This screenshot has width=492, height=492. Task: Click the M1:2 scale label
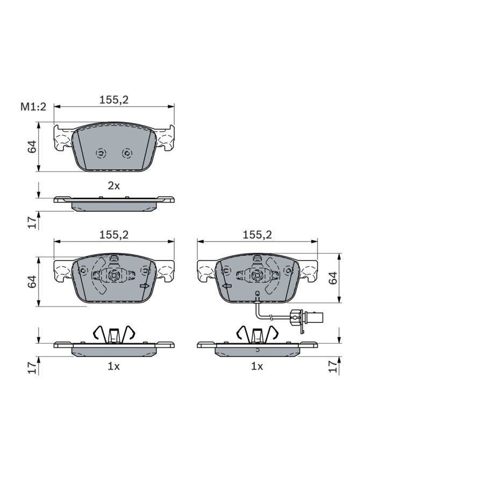coord(33,106)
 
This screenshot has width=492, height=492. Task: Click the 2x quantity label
coord(114,186)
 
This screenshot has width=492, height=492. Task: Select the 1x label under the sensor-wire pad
coord(257,366)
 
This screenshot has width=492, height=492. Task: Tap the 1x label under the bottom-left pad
coord(114,366)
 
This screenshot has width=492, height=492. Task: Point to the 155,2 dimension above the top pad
coord(114,100)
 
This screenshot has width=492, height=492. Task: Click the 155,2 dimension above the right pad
coord(257,234)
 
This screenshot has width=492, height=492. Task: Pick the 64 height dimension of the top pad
coord(32,147)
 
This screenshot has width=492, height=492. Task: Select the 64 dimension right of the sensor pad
coord(333,278)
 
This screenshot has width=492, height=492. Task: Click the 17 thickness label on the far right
coord(333,366)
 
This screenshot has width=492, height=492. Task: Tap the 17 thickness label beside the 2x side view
coord(32,223)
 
